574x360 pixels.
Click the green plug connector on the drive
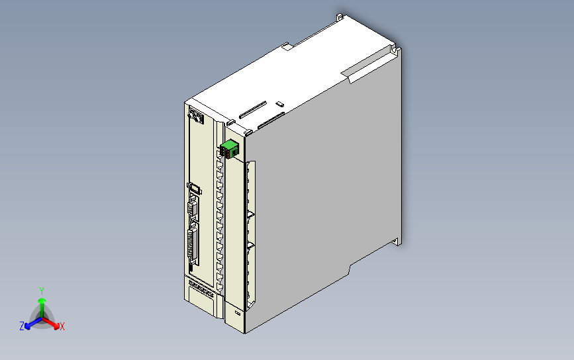[x=229, y=150]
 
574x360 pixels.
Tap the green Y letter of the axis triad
[x=42, y=290]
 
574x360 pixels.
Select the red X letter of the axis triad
[x=62, y=326]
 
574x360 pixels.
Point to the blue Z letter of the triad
[x=22, y=326]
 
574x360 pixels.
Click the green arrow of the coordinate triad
[x=42, y=305]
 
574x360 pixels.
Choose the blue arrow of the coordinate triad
[x=29, y=324]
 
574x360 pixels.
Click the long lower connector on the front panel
[x=193, y=245]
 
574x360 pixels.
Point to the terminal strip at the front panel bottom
[x=201, y=288]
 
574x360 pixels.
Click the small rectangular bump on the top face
[x=279, y=103]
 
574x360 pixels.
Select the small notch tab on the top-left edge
[x=287, y=47]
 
